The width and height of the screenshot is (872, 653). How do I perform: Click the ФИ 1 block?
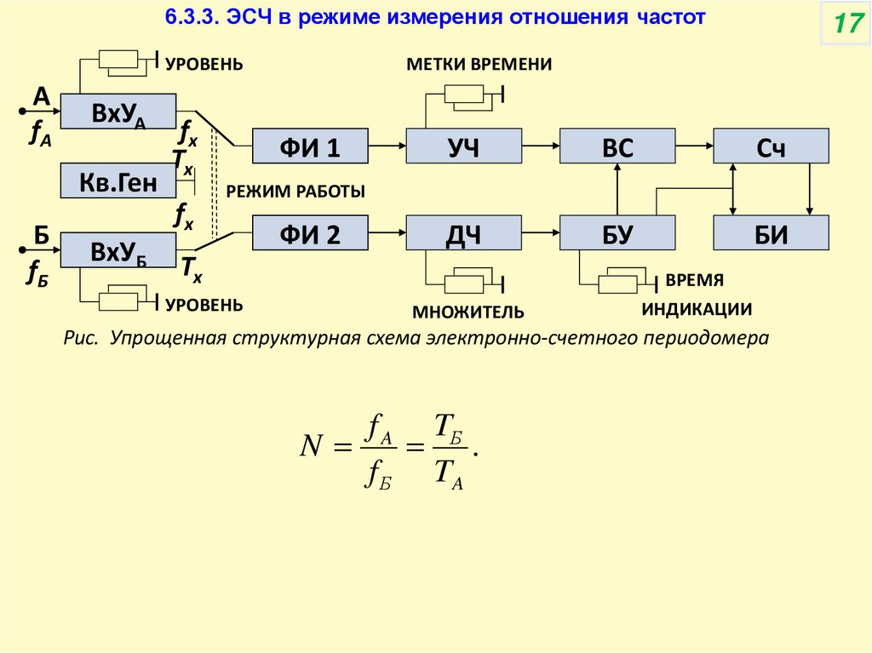pos(310,146)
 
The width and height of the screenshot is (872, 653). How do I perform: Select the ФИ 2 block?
pos(310,233)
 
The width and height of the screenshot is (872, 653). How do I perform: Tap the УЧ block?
pos(463,146)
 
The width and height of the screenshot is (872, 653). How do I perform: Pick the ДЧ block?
pos(463,233)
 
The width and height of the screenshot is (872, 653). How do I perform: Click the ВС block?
pos(617,146)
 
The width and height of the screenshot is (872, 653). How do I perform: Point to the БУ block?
pos(617,233)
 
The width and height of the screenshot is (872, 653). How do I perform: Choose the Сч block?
pos(771,146)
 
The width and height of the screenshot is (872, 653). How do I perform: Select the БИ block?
pos(771,233)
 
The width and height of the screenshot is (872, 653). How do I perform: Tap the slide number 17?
pos(846,24)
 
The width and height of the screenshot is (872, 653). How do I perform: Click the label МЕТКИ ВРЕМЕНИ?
pos(479,65)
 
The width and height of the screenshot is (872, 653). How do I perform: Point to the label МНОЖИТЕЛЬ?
pos(468,312)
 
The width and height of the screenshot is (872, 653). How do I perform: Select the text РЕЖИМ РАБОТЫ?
pos(295,192)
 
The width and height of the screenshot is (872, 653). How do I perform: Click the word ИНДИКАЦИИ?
pos(697,309)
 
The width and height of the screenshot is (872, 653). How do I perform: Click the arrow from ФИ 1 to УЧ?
pos(387,146)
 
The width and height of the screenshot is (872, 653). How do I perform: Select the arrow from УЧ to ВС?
pos(540,146)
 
